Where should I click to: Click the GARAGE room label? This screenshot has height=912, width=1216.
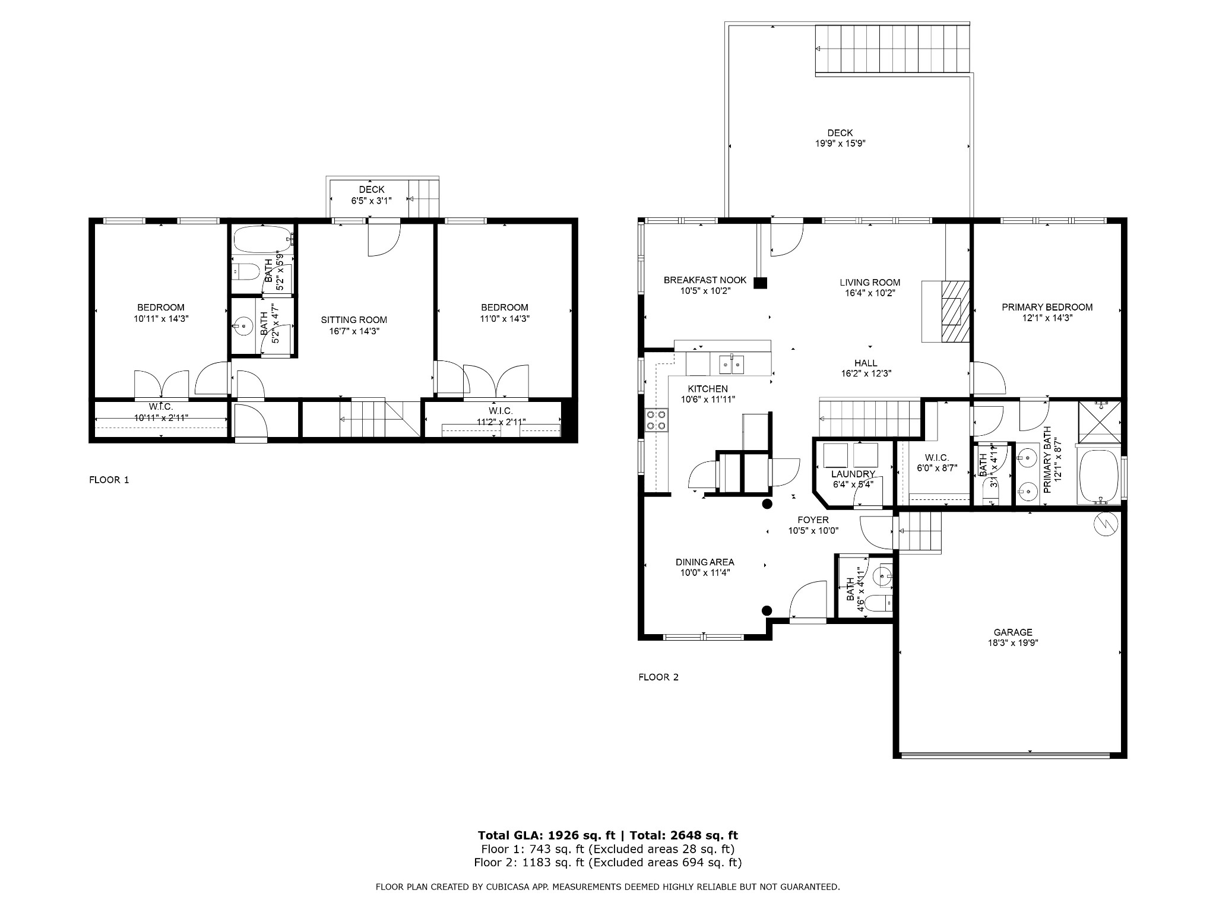tap(1013, 632)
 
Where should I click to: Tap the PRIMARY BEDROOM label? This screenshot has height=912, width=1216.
tap(1047, 307)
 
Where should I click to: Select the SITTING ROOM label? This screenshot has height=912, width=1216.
tap(354, 319)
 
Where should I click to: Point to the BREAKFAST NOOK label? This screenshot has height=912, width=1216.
tap(705, 280)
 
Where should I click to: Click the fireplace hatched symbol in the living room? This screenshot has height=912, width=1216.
tap(955, 311)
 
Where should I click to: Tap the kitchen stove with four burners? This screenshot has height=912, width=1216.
tap(655, 420)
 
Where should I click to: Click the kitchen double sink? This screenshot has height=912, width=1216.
tap(731, 364)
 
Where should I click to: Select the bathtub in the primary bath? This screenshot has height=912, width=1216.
tap(1098, 477)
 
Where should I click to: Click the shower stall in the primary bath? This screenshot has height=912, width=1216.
tap(1099, 422)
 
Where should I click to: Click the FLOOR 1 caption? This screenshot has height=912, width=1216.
tap(109, 480)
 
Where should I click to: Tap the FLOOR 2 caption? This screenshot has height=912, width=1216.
tap(658, 677)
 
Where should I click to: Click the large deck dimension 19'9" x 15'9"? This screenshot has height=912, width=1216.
tap(840, 143)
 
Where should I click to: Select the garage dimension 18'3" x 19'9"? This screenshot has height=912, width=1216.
tap(1013, 642)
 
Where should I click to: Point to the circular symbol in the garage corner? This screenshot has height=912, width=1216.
tap(1106, 524)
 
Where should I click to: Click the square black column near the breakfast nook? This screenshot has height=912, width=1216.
tap(760, 283)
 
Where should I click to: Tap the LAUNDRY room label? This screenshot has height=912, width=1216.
tap(853, 474)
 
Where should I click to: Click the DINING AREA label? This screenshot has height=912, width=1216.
tap(705, 562)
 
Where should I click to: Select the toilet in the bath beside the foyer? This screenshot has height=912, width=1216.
tap(878, 604)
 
